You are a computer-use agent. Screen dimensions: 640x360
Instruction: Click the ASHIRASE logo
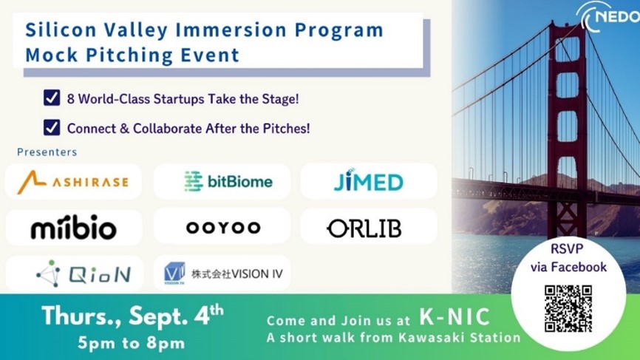tap(72, 182)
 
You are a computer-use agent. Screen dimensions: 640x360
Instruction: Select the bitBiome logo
tap(228, 181)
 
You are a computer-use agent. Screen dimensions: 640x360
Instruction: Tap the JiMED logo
tap(368, 180)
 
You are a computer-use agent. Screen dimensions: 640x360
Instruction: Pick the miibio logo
tap(74, 227)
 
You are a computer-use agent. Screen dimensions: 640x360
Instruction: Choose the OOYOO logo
tap(223, 228)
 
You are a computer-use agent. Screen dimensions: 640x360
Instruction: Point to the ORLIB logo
tap(364, 228)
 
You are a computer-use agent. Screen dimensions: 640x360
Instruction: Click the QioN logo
tap(84, 274)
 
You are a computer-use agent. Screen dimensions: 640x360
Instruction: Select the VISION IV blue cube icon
tap(174, 273)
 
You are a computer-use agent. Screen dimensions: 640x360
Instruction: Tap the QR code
tap(568, 308)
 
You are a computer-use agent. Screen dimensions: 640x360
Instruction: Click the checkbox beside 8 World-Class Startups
tap(52, 98)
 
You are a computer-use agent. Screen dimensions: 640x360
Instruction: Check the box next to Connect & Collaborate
tap(52, 127)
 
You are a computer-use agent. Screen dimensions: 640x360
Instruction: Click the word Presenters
tap(47, 152)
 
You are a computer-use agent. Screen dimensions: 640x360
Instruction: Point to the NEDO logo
tap(609, 17)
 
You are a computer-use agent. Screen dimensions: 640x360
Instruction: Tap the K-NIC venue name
tap(455, 316)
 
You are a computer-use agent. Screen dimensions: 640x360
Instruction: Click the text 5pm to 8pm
tap(131, 342)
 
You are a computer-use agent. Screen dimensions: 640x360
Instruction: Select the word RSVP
tap(567, 248)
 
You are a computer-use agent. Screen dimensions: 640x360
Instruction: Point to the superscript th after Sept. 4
tap(217, 310)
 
